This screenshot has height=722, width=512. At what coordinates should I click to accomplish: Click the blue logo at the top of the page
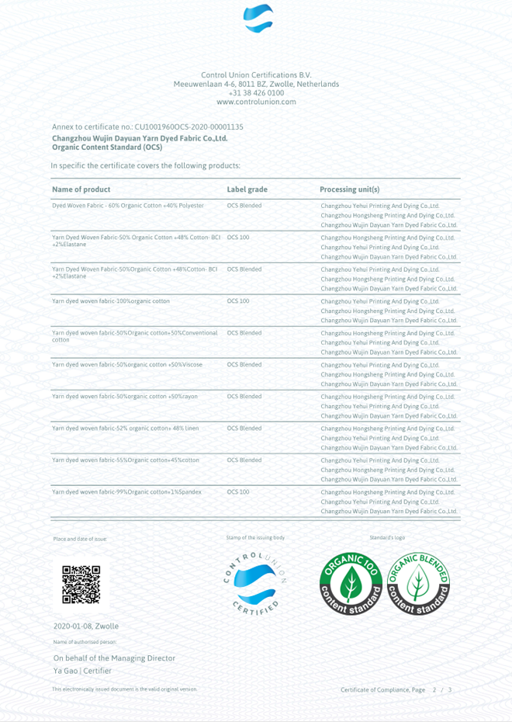coord(258,18)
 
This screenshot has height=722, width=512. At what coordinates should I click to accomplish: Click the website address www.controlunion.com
coord(256,102)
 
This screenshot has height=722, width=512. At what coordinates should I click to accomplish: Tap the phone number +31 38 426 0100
coord(256,93)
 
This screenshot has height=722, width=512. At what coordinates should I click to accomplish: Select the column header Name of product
coord(81,189)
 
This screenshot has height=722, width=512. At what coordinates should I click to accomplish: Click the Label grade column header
coord(247,189)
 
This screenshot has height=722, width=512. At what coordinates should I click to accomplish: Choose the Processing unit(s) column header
coord(349,189)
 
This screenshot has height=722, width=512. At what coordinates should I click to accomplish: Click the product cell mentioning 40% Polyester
coord(127,206)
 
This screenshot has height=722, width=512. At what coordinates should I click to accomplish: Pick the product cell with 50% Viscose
coord(126,365)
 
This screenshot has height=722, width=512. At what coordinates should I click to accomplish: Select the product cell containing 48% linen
coord(125,429)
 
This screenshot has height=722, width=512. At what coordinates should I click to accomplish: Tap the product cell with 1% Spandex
coord(126,492)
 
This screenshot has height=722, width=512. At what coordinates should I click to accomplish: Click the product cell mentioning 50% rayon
coord(124,397)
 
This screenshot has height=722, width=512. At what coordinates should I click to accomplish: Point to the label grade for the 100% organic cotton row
coord(238,301)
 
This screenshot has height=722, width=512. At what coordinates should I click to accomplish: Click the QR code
coord(81,585)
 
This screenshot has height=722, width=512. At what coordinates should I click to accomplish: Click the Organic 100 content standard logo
coord(351,585)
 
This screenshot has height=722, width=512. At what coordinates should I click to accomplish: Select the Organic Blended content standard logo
coord(418,585)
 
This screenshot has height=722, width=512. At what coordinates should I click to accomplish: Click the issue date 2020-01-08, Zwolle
coord(86,626)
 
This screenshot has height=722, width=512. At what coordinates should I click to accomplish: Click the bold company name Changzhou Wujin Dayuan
coord(139,139)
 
